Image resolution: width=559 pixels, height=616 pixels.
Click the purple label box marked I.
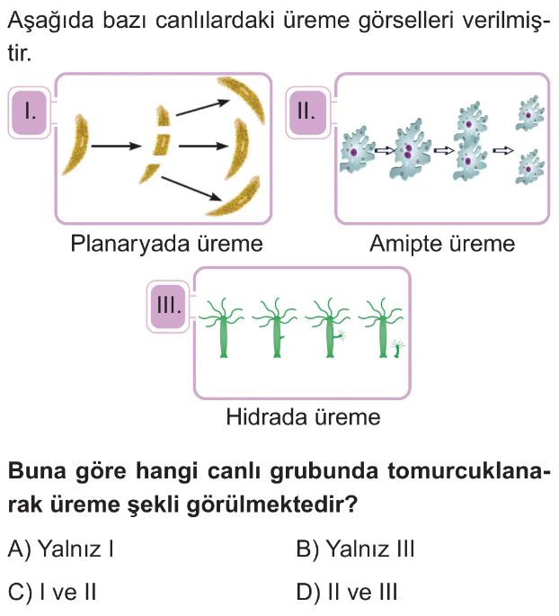coord(31,112)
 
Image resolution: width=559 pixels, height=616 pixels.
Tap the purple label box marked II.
coord(306,112)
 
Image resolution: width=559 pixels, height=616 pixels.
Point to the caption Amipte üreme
coord(442,244)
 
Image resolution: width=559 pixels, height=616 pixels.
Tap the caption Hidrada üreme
coord(303,417)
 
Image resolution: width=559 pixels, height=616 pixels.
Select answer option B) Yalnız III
coord(355,549)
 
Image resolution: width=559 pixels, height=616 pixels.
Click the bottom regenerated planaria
coord(236,201)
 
